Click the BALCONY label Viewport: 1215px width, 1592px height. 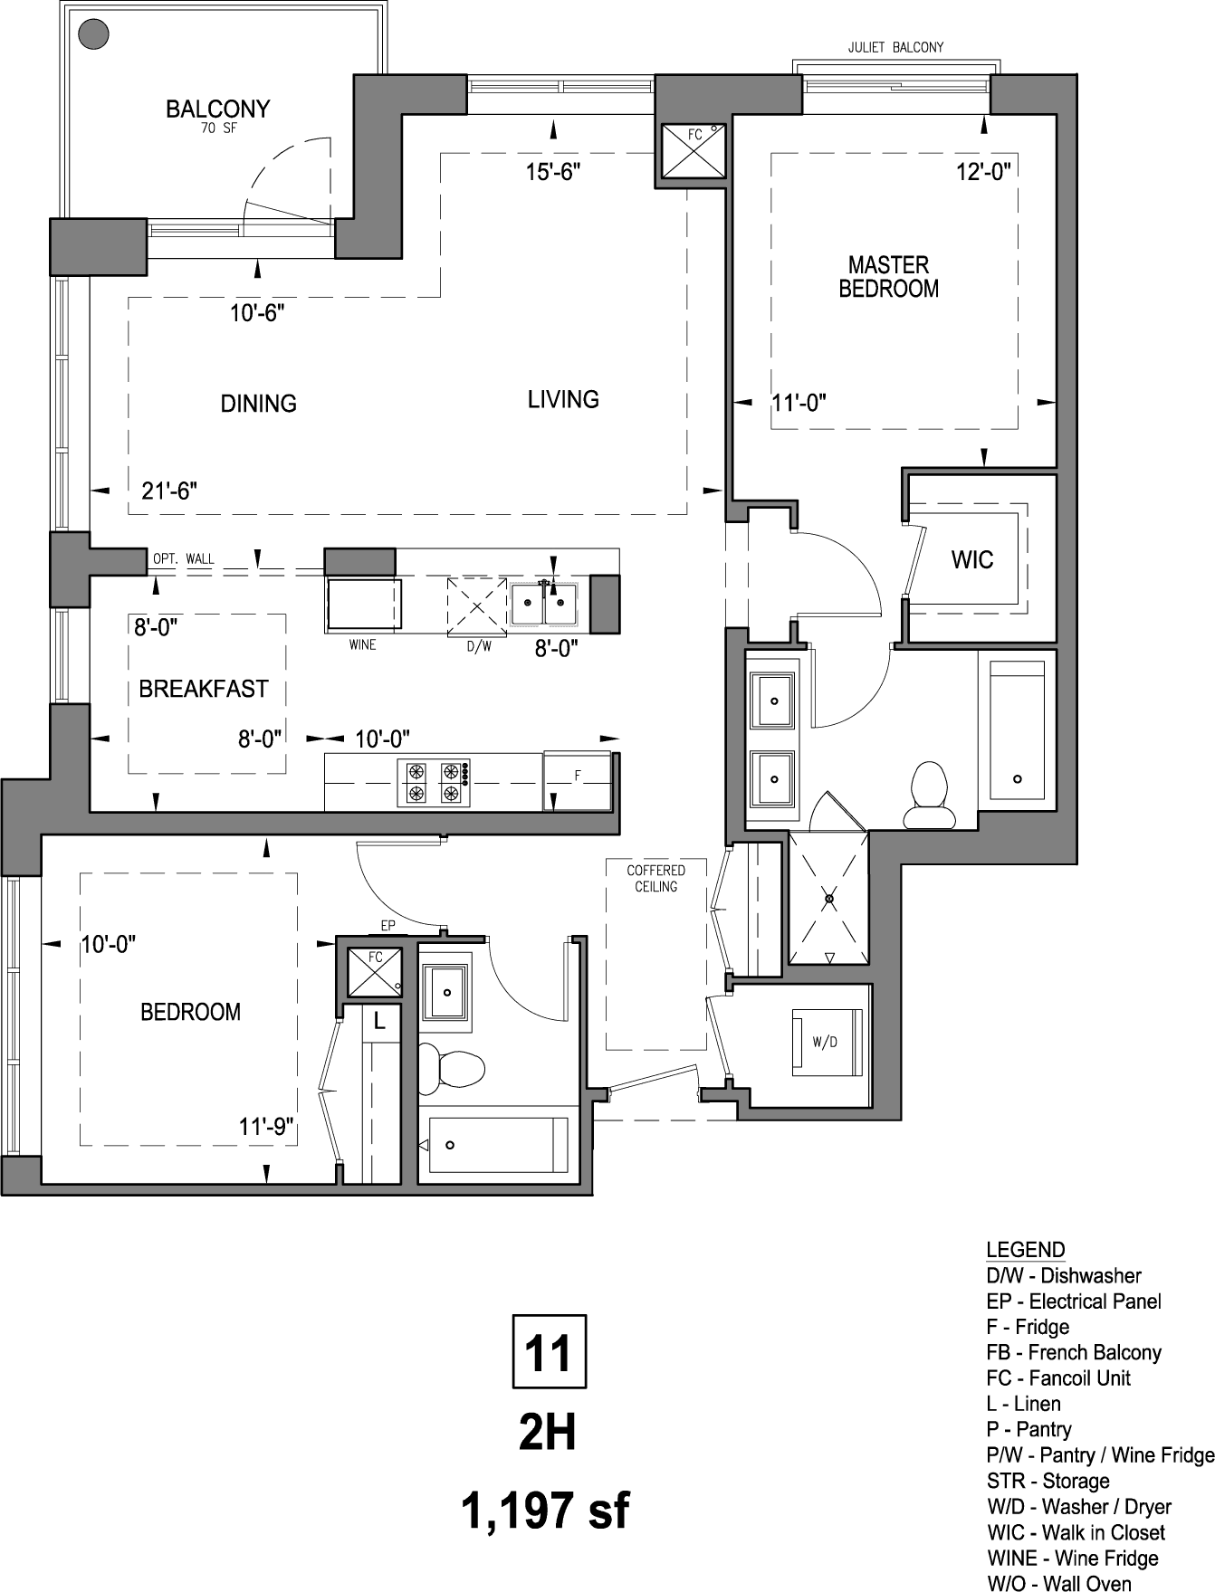217,110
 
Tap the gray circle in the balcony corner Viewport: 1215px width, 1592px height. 93,34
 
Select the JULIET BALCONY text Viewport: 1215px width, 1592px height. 895,47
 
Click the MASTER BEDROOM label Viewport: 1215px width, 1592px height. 888,277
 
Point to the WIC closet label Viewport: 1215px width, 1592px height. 971,559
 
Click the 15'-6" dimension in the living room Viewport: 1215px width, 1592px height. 552,172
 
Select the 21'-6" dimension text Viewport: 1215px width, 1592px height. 169,491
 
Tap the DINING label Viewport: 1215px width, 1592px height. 259,404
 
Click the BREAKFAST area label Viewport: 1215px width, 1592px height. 204,689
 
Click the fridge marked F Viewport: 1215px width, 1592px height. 578,780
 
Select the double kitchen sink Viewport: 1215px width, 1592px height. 543,605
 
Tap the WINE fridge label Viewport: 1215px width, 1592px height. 362,644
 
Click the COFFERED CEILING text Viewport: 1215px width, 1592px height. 655,878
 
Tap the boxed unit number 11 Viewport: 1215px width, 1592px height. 549,1352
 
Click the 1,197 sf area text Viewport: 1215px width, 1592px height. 546,1511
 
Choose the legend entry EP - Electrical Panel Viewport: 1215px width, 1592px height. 1074,1301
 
